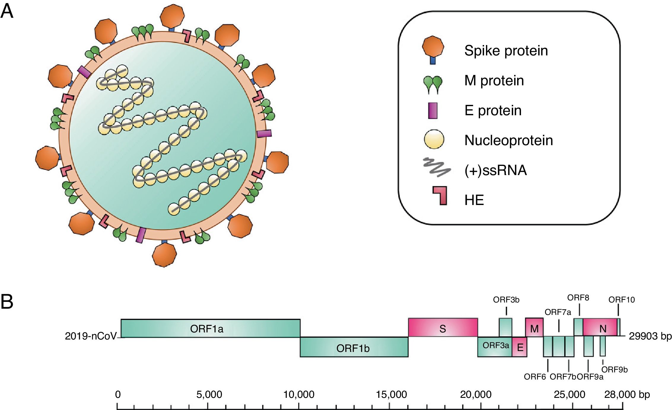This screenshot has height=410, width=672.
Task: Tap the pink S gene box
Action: tap(443, 328)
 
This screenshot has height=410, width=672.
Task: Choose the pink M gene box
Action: tap(534, 328)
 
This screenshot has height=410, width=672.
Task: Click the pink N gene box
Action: tap(602, 328)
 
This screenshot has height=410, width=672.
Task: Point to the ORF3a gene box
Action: tap(495, 346)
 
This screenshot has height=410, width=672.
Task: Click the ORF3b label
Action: tap(506, 300)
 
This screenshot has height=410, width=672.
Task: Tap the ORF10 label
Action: tap(622, 300)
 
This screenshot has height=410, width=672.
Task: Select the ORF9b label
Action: tap(614, 369)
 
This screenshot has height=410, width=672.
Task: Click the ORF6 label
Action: tap(535, 377)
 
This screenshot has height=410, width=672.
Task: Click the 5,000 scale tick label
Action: tap(209, 395)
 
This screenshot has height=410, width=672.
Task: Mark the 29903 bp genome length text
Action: tap(650, 336)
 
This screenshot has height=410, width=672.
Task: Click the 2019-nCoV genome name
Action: tap(90, 336)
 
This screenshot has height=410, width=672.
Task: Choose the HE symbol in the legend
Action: tap(440, 196)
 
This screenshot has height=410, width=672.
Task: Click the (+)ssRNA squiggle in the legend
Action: tap(437, 167)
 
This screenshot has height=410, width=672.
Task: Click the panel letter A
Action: tap(7, 11)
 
